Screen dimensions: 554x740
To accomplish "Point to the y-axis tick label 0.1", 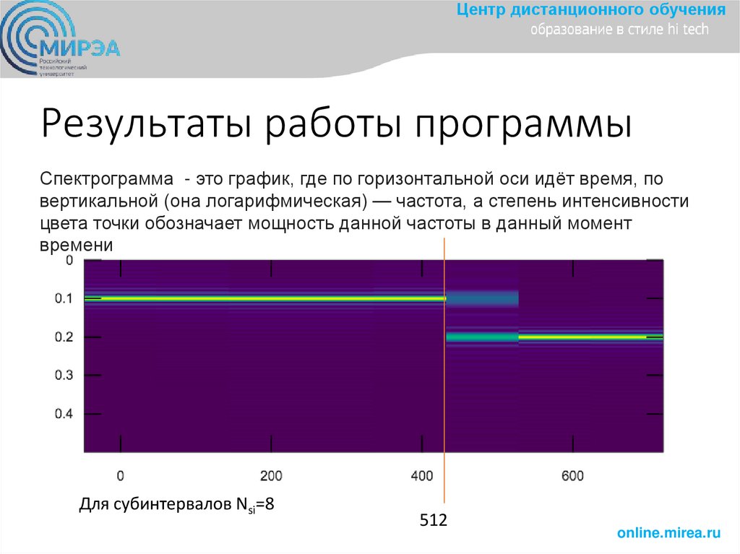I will click(x=64, y=298).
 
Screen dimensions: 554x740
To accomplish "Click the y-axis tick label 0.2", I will click(x=64, y=337).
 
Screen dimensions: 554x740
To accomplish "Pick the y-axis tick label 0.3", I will click(x=64, y=376).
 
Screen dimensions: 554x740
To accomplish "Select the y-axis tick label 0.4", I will click(x=64, y=415).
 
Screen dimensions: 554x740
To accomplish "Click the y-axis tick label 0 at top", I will click(x=69, y=260).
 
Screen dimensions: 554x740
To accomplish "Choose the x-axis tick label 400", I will click(x=421, y=475).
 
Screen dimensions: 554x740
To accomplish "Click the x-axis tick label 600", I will click(x=572, y=475).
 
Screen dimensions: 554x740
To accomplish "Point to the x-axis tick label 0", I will click(x=120, y=475).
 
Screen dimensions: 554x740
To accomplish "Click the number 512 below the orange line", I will click(x=434, y=520).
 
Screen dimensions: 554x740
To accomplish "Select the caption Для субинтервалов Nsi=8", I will click(x=176, y=504).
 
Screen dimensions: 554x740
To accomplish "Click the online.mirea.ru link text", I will click(x=668, y=533).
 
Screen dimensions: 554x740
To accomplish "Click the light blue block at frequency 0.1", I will click(x=482, y=298).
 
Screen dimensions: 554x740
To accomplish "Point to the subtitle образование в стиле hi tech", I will click(x=620, y=30).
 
